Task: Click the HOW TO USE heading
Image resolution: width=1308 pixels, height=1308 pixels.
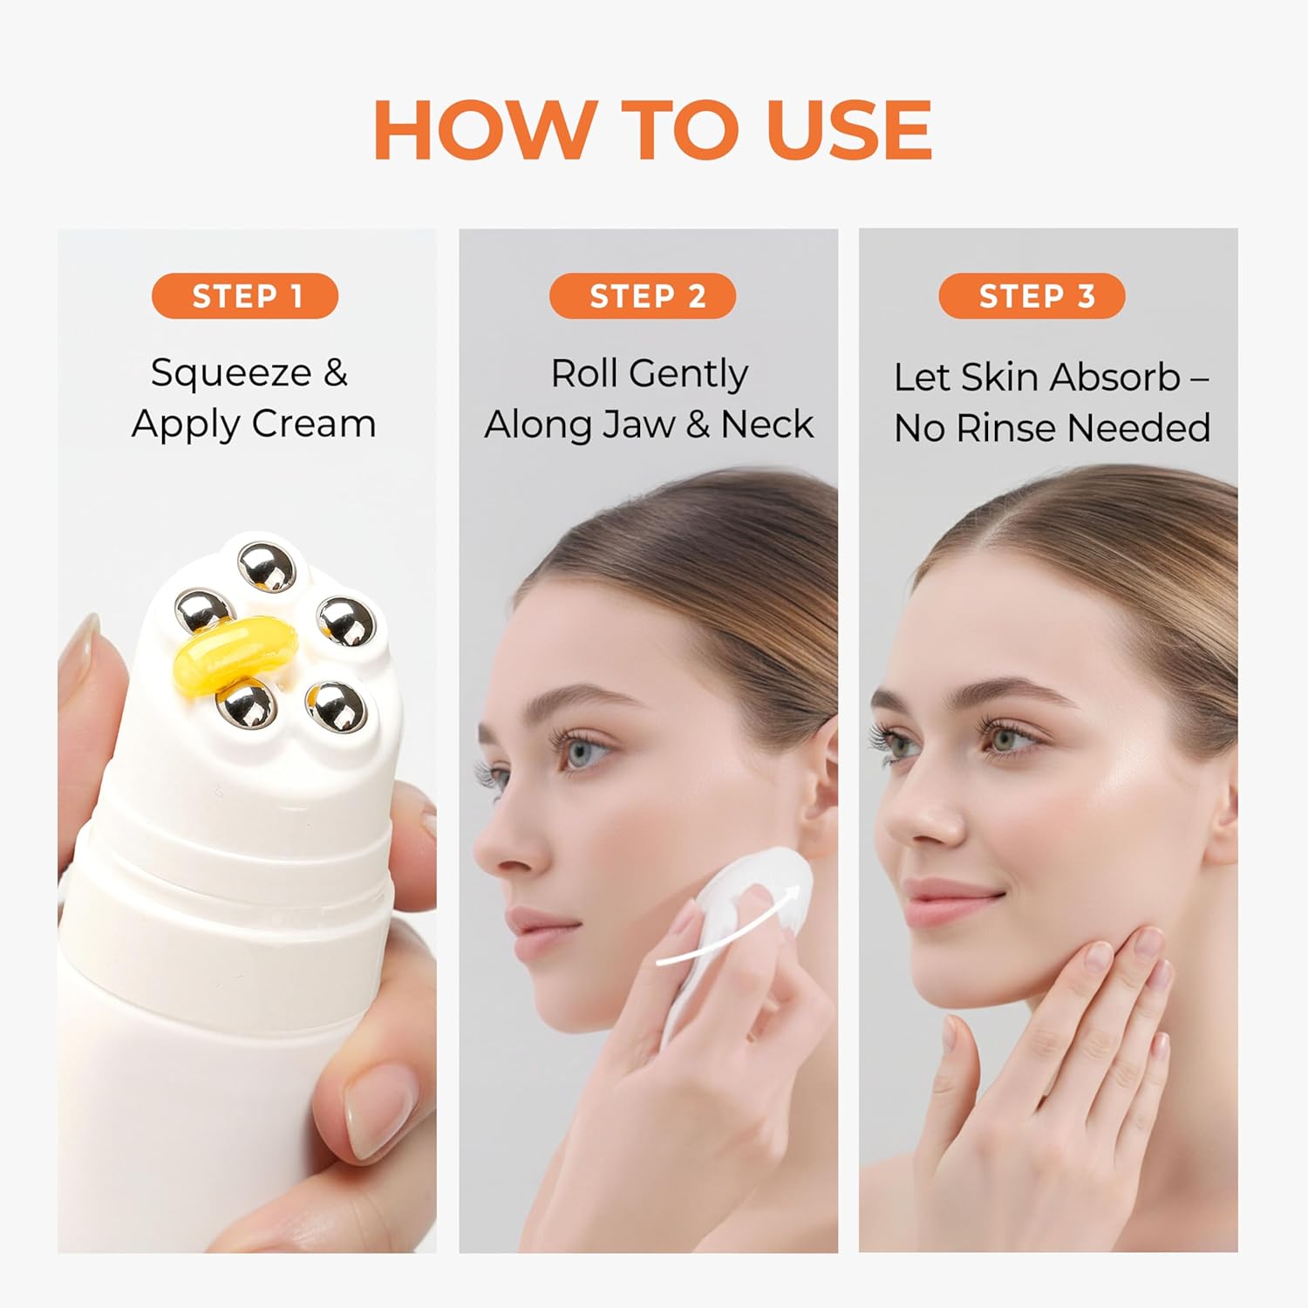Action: click(x=652, y=129)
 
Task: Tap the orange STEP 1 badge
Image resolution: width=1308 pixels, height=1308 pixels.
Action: click(x=245, y=296)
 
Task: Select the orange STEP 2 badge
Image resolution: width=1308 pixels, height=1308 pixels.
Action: click(x=643, y=296)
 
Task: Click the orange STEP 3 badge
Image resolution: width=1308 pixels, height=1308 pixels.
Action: click(x=1032, y=296)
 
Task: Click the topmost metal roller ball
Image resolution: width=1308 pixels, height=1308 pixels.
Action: click(x=268, y=567)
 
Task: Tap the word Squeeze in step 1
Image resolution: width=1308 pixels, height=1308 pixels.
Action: click(x=231, y=373)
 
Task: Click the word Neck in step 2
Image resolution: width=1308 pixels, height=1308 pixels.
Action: click(x=766, y=425)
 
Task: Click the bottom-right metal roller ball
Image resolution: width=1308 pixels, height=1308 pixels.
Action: click(x=336, y=706)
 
